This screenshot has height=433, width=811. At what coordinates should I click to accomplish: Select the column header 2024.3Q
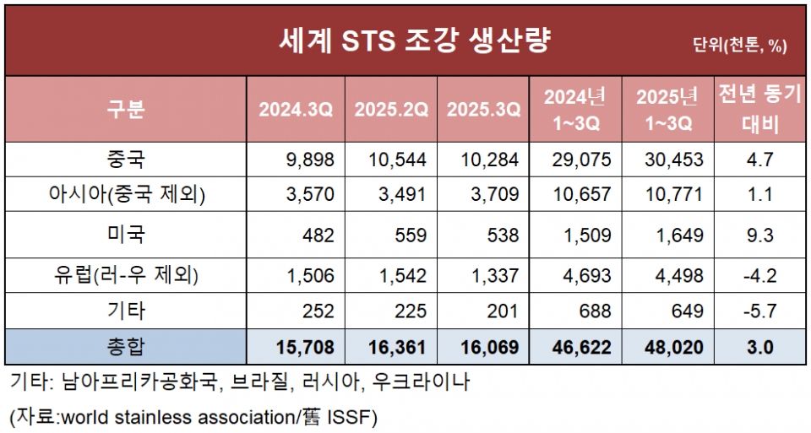coord(296,110)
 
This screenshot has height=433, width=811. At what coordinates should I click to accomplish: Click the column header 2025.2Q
coord(391,110)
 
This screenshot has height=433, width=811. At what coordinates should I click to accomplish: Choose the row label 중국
coord(126,159)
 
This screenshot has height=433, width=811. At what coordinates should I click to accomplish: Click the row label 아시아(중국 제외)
coord(126,195)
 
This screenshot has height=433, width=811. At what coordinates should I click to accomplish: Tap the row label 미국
coord(126,234)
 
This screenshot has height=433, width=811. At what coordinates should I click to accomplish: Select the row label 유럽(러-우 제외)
coord(126,275)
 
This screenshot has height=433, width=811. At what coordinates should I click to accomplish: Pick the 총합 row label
coord(126,346)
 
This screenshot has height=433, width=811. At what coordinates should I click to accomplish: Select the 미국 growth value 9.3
coord(759,235)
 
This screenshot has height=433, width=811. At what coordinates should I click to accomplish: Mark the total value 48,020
coord(670,347)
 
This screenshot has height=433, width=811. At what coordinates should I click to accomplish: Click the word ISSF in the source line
coord(351,416)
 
